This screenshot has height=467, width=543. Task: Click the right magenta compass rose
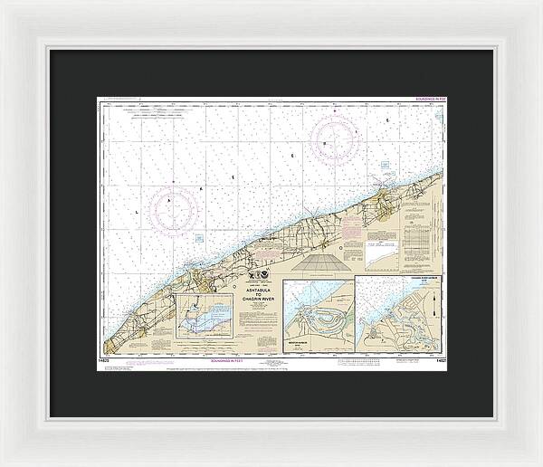click(x=334, y=140)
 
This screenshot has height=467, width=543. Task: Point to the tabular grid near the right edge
click(x=421, y=239)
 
